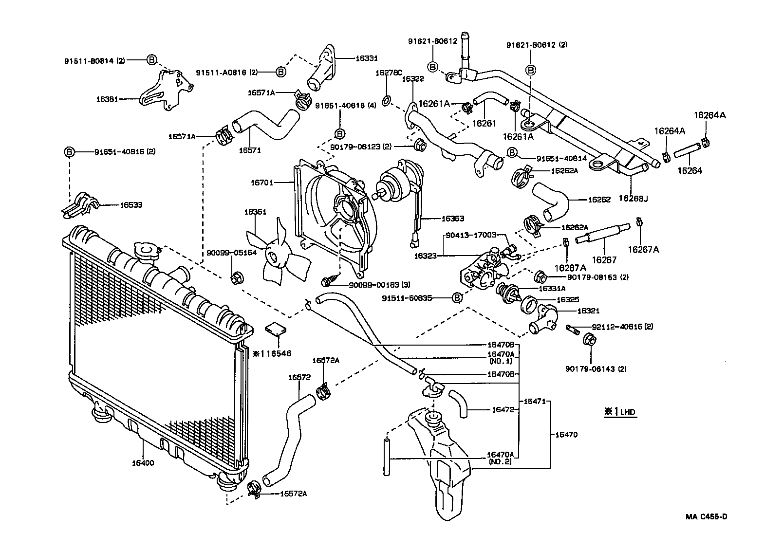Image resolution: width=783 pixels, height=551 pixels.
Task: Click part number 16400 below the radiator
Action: point(142,463)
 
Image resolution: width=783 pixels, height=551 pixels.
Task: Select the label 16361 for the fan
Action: point(255,212)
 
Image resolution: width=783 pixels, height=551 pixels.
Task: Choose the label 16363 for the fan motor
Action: point(453,219)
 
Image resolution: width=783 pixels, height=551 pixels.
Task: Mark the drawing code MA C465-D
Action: point(708,517)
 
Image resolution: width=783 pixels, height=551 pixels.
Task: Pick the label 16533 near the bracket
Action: point(131,205)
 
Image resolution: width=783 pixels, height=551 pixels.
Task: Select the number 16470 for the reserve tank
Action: point(566,434)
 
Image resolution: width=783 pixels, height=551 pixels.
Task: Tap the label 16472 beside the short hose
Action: point(503,410)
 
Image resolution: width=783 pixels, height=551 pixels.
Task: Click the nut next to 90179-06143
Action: point(587,339)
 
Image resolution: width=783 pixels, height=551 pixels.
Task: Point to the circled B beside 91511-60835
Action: point(457,298)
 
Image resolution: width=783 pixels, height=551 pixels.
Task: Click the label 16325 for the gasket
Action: point(568,300)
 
